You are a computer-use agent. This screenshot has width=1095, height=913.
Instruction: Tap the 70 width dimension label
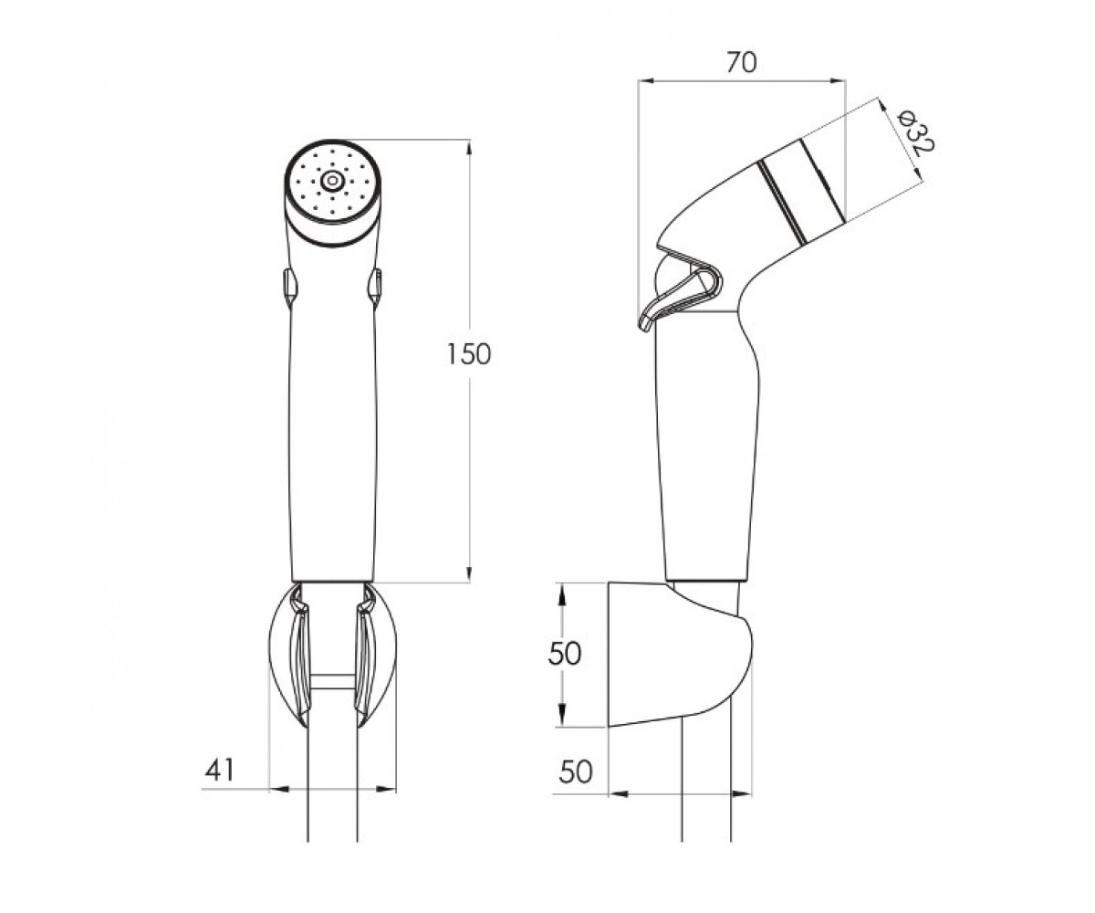coord(742,63)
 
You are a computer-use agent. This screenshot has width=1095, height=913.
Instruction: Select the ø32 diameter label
coord(915,131)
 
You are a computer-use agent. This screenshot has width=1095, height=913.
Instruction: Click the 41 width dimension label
coord(220,771)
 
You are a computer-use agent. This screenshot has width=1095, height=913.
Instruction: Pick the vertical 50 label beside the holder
coord(564,655)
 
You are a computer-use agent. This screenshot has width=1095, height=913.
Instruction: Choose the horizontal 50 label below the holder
coord(576,771)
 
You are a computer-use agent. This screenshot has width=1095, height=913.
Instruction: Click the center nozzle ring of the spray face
coord(332,181)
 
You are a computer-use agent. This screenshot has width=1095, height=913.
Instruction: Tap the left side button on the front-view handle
coord(289,287)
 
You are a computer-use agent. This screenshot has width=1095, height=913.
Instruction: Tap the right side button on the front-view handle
coord(375,287)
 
